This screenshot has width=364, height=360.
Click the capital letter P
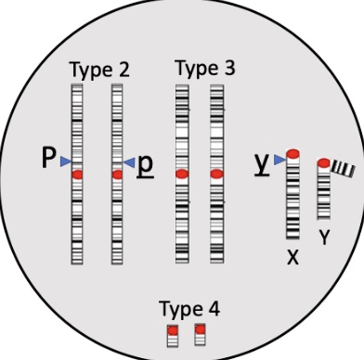point(48,160)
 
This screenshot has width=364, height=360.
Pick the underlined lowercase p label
point(146,162)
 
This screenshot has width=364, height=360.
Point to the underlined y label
point(262,161)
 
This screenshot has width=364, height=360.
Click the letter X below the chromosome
point(292,257)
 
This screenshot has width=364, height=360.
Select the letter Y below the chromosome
point(324,238)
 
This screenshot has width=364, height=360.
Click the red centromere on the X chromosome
point(292,152)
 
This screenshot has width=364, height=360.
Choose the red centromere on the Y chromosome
point(323,164)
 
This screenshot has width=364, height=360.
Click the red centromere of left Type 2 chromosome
point(77,174)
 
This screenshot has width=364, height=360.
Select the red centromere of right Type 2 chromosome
point(117,174)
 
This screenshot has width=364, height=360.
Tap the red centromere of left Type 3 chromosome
point(182,174)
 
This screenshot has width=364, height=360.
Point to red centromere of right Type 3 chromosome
point(216,174)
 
